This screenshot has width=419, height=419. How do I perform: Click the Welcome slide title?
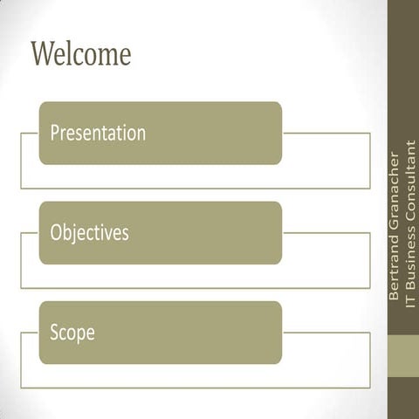(x=80, y=54)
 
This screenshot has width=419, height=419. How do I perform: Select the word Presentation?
(x=98, y=134)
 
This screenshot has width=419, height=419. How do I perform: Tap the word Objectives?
(x=89, y=233)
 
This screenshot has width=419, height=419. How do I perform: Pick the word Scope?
(x=72, y=333)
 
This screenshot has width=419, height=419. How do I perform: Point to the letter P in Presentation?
(x=54, y=134)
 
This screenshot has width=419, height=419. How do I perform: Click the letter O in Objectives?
(x=56, y=233)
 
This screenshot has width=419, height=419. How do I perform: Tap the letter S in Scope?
(x=54, y=333)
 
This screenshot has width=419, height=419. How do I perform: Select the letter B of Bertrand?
(x=395, y=298)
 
